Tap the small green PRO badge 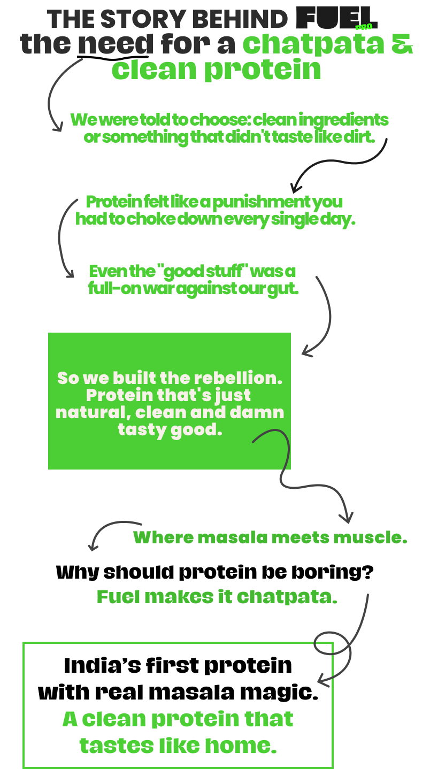coord(363,27)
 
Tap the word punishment coord(262,203)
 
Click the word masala coord(232,537)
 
